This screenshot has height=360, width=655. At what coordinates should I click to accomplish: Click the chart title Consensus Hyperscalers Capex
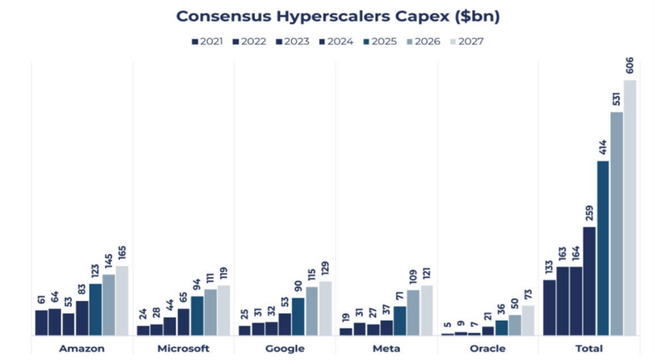pos(338,16)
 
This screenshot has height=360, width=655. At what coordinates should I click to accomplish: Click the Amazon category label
pos(82,348)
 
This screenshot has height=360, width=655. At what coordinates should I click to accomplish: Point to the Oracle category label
pos(487,348)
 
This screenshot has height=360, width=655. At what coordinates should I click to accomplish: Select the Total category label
pos(589,348)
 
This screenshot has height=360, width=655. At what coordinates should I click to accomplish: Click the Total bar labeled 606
pos(630,207)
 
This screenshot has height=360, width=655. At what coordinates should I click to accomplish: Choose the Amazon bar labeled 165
pos(122,301)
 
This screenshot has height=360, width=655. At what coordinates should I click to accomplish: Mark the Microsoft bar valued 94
pos(197,316)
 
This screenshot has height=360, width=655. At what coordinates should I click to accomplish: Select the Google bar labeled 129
pos(326,308)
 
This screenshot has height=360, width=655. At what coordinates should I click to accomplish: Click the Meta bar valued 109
pos(413,313)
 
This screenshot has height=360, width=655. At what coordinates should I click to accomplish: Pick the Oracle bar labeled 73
pos(528,320)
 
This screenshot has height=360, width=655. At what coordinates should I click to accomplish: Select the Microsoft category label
pos(183,348)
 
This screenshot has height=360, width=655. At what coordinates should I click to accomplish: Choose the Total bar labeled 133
pos(549,308)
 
